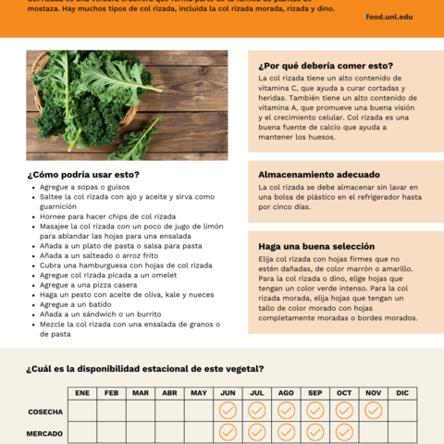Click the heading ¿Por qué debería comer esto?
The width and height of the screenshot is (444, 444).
pos(326,66)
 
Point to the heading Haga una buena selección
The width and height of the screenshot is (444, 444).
pos(316,246)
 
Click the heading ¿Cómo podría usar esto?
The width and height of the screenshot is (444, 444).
pos(83,174)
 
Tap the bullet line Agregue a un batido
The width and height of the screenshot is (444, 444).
pos(77,304)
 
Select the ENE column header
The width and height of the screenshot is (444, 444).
pos(82,393)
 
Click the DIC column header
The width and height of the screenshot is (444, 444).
pos(402,393)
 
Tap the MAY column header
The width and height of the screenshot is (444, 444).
pos(198,393)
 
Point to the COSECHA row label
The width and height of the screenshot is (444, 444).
pos(45,411)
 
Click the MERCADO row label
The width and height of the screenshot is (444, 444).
pos(45,433)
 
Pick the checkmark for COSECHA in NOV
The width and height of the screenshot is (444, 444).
pos(373,410)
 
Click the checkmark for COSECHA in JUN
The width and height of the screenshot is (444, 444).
pos(228,410)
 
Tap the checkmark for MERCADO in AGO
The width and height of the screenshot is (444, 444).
pos(286,432)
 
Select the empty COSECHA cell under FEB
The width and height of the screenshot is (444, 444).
pos(111,410)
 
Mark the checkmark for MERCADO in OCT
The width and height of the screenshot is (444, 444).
pos(344,432)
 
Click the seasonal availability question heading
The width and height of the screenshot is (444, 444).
pos(145,369)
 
